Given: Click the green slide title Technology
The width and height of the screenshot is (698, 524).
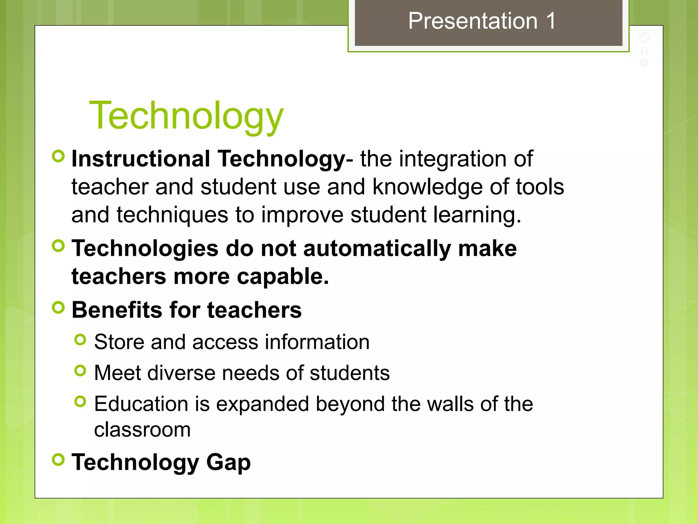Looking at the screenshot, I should [186, 116].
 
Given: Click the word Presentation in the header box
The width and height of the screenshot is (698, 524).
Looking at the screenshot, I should [473, 21].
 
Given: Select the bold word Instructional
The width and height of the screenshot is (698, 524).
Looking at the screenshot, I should [141, 159].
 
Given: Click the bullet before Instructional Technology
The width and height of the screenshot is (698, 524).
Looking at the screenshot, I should [58, 156].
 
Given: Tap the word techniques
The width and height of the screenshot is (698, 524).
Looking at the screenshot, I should [172, 215].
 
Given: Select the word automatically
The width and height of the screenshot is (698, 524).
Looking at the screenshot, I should [377, 248].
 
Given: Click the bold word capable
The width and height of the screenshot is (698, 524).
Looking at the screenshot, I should [283, 276].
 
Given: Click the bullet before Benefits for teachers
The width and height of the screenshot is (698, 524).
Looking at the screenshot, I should [58, 307].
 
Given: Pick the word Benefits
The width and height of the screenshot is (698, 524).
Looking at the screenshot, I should [117, 310].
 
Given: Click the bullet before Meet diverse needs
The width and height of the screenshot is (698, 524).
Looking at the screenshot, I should [80, 370].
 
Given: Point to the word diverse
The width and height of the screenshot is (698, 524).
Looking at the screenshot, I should [181, 373].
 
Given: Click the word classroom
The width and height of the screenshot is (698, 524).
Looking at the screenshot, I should [142, 430].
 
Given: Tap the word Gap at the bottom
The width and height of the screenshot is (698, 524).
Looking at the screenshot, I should [228, 463].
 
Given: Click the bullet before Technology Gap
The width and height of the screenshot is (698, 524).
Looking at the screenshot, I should [58, 459].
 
